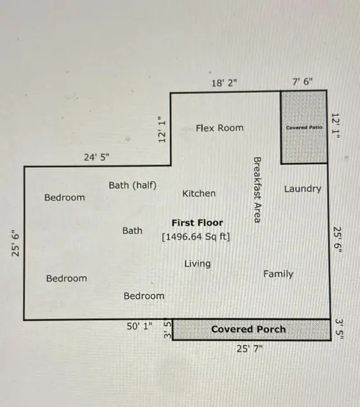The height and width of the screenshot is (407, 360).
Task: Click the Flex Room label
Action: (x=219, y=128)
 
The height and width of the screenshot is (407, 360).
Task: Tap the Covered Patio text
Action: (x=304, y=127)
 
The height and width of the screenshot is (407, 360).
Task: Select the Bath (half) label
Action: (x=132, y=185)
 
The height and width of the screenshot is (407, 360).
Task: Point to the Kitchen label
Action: (x=198, y=193)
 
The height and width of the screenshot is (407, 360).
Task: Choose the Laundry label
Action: (x=302, y=189)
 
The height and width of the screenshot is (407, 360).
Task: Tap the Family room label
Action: (x=278, y=274)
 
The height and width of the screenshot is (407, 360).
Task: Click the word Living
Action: (x=197, y=263)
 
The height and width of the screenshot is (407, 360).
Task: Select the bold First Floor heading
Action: (x=197, y=223)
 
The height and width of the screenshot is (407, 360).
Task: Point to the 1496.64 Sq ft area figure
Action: (x=196, y=237)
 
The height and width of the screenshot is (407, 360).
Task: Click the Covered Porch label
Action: (x=248, y=329)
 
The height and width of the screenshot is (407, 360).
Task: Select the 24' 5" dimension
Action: (x=97, y=157)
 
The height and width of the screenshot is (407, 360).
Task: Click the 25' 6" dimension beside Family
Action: (x=338, y=240)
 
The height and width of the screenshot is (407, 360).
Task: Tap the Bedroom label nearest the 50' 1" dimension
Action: (x=144, y=296)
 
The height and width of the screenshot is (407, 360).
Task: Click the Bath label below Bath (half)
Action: (x=132, y=231)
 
